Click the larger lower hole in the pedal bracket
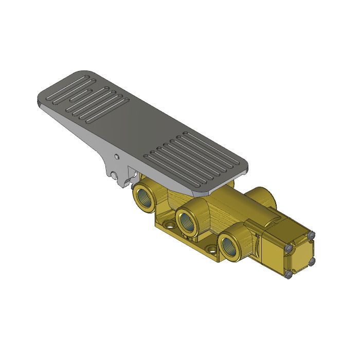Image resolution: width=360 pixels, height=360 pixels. tap(113, 175)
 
